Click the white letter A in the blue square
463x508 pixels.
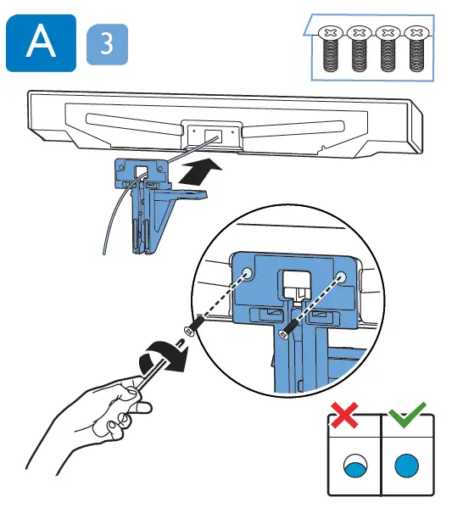coord(42,42)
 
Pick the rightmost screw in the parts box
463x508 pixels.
coord(415,49)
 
